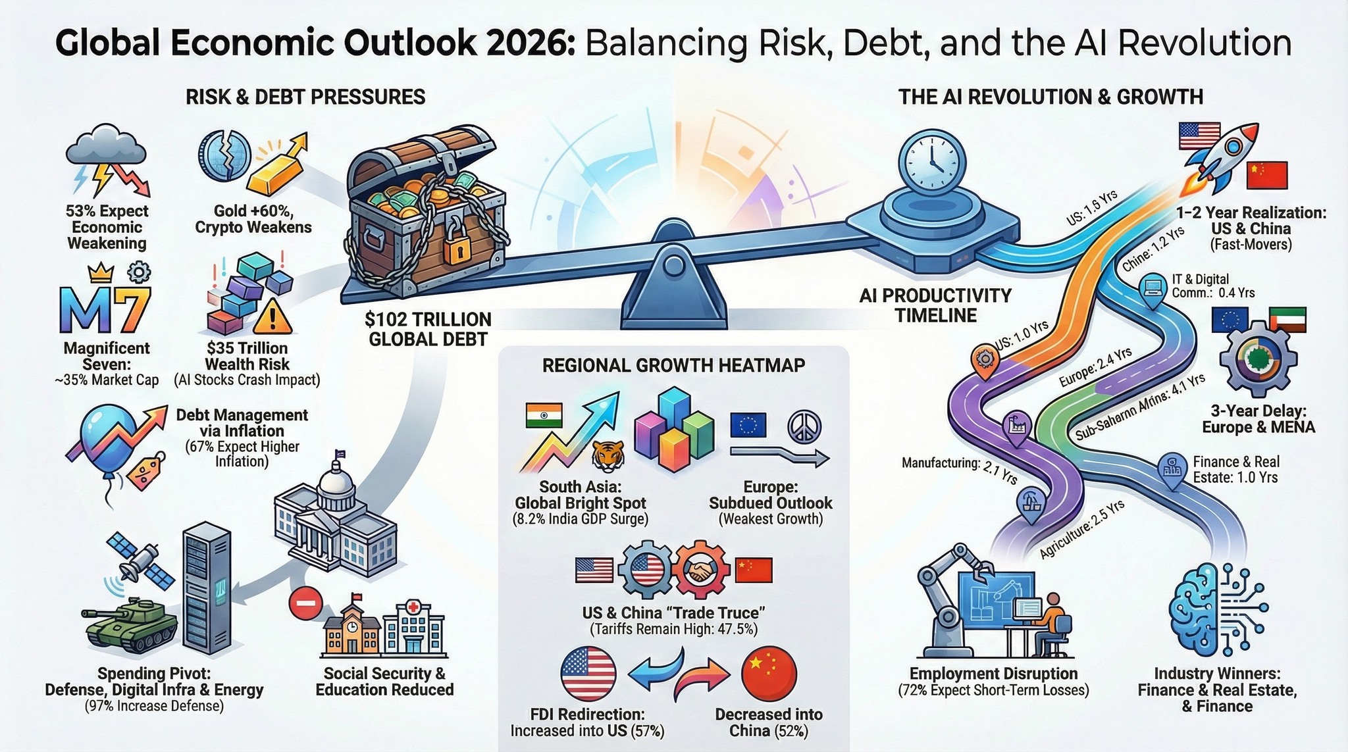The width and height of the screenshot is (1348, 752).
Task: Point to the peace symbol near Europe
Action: [x=804, y=426]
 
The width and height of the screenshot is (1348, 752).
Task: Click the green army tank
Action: [x=130, y=624]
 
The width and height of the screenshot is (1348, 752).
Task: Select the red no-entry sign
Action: [x=305, y=603]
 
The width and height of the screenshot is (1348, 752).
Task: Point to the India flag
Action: [x=544, y=416]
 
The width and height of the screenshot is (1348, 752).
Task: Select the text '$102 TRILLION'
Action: [x=428, y=320]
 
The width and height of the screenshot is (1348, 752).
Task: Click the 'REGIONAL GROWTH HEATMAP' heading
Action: [x=673, y=366]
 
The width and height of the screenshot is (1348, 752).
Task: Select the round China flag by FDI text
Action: [x=769, y=674]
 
